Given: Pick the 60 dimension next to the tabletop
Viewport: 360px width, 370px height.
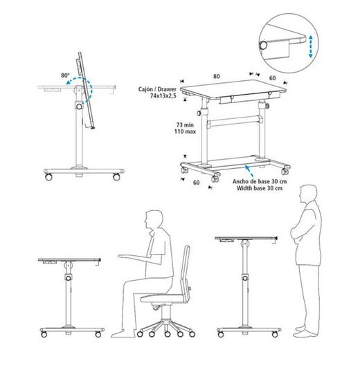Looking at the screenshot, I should [272, 79].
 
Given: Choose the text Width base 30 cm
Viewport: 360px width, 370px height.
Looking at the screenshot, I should [260, 188].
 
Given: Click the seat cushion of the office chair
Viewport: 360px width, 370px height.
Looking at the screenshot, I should [161, 299].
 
